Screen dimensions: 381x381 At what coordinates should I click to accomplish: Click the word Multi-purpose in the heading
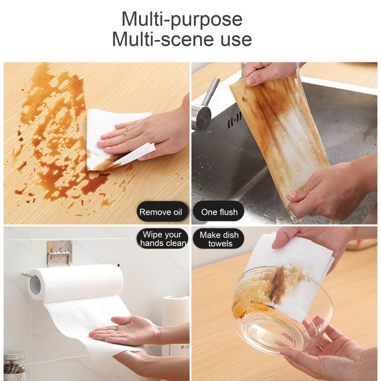[181, 20]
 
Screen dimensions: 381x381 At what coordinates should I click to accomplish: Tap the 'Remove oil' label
[163, 212]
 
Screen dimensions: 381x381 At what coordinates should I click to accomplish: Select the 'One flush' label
[219, 212]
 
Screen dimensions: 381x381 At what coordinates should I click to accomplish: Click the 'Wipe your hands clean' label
[162, 239]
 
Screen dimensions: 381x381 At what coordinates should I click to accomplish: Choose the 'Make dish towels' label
[219, 239]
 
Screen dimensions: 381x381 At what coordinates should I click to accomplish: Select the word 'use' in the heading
[233, 39]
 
